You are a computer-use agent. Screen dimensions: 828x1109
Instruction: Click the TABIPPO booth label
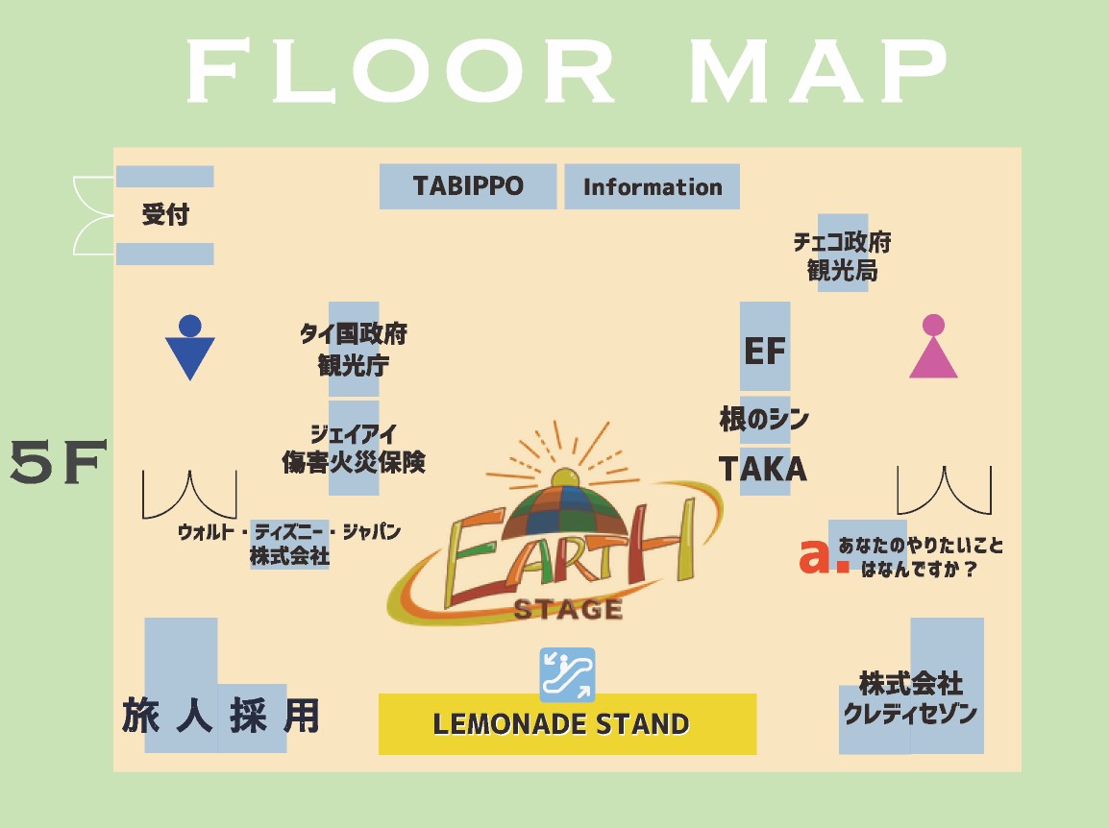(x=468, y=186)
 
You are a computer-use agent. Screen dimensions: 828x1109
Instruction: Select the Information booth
(x=652, y=187)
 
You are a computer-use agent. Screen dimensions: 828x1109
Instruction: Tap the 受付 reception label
(x=165, y=215)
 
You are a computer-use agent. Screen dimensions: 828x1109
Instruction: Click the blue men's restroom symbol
(x=190, y=348)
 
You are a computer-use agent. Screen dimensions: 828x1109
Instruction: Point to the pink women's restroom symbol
(x=933, y=347)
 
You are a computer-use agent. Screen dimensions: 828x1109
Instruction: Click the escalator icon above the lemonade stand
(x=567, y=674)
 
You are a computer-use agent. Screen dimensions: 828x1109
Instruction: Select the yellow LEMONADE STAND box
(x=567, y=723)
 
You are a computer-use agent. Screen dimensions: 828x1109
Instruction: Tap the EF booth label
(x=765, y=351)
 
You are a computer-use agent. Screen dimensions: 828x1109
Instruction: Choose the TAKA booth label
(x=764, y=470)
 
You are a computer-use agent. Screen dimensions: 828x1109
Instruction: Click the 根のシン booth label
(x=764, y=420)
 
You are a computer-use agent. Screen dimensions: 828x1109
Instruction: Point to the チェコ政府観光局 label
(x=842, y=256)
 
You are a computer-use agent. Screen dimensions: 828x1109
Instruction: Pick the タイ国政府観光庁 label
(x=354, y=350)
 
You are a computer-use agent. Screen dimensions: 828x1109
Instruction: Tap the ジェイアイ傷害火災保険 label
(x=354, y=449)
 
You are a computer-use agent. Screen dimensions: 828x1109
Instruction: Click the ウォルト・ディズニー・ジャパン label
(x=289, y=544)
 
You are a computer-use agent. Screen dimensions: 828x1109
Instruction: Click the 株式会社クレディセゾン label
(x=910, y=699)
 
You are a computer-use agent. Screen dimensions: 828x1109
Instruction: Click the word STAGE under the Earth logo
(x=568, y=609)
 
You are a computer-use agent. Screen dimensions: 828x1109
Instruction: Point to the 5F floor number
(x=56, y=464)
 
